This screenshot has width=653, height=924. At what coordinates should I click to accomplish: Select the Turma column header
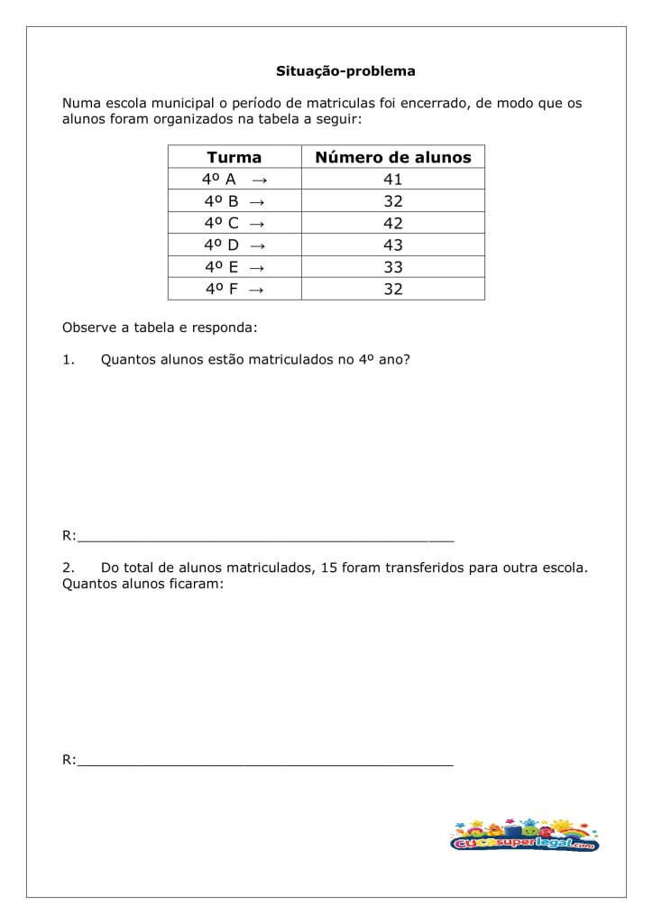[234, 157]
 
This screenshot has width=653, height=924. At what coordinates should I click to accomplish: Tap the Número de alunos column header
[392, 157]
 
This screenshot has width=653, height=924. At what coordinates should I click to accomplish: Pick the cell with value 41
[392, 180]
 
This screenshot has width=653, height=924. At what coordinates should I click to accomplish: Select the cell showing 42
[392, 223]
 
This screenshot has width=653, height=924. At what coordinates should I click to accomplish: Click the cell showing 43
[392, 245]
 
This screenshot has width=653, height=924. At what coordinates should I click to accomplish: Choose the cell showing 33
[392, 267]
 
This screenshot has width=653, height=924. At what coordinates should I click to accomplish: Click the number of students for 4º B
[392, 201]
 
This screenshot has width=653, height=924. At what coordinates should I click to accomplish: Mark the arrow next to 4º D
[257, 245]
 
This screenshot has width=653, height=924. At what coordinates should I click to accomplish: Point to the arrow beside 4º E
[256, 267]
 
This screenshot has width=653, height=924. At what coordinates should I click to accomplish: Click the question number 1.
[68, 359]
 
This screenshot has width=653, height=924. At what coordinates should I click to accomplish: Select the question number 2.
[68, 568]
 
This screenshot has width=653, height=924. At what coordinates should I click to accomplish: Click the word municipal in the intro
[178, 103]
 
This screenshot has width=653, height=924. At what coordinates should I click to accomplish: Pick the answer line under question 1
[265, 539]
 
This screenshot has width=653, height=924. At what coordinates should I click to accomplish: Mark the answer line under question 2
[265, 762]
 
